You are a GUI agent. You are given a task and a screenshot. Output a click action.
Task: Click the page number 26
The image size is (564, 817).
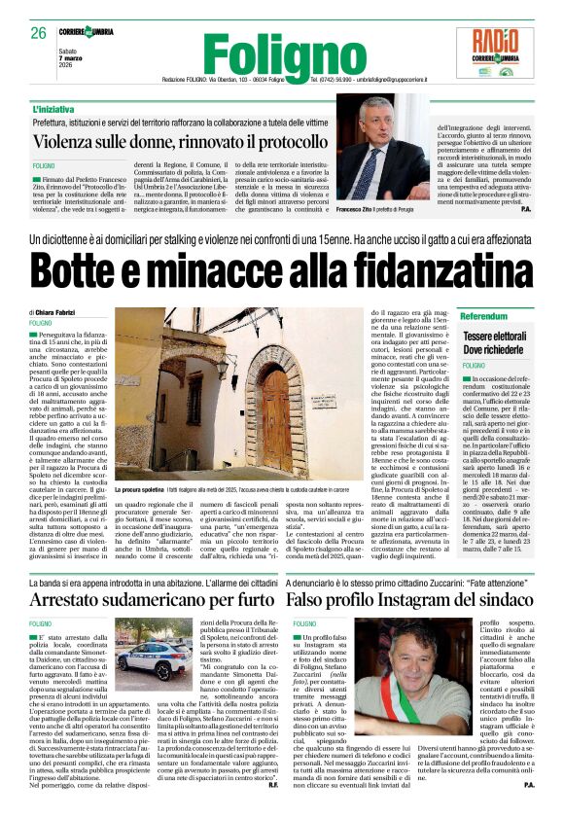pos(39,32)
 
